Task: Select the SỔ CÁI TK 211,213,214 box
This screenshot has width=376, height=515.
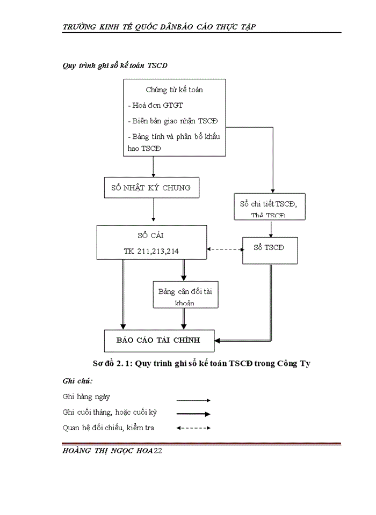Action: coord(151,242)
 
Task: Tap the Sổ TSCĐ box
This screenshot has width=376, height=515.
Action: coord(269,248)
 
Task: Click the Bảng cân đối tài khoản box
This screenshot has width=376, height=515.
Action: coord(185,296)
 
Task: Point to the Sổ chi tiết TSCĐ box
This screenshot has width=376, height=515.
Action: coord(270,207)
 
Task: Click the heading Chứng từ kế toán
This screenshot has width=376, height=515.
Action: coord(174,90)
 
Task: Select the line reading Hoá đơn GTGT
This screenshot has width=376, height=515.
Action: coord(155,106)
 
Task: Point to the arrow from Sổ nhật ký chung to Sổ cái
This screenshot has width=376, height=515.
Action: coord(154,212)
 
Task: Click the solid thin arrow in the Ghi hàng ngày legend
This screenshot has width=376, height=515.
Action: coord(193,400)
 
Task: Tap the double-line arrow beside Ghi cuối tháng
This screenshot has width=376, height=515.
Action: coord(193,414)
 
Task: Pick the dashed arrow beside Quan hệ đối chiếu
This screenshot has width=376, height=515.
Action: coord(193,428)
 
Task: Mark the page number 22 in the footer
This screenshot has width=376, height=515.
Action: coord(157,452)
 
